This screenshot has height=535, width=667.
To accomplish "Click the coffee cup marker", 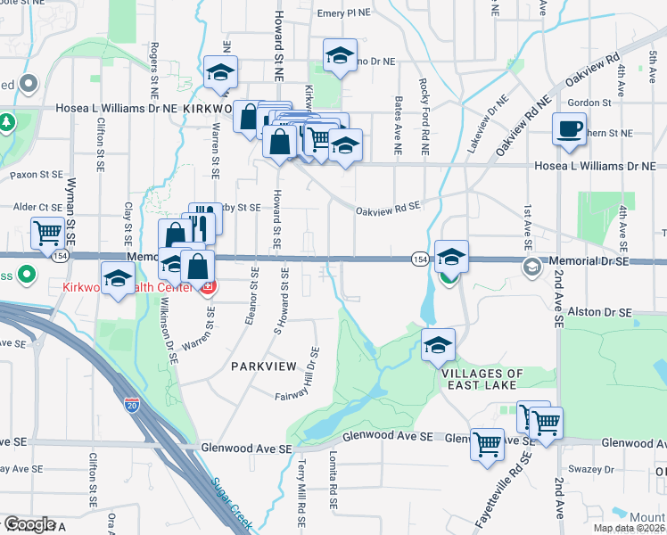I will tap(569, 129).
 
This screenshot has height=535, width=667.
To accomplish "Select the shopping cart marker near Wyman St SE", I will tap(46, 234).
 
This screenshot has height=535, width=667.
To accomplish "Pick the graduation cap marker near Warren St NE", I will tap(218, 74).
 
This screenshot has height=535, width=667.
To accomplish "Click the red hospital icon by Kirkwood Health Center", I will tap(208, 287).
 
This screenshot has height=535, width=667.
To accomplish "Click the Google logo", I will tap(29, 524).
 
